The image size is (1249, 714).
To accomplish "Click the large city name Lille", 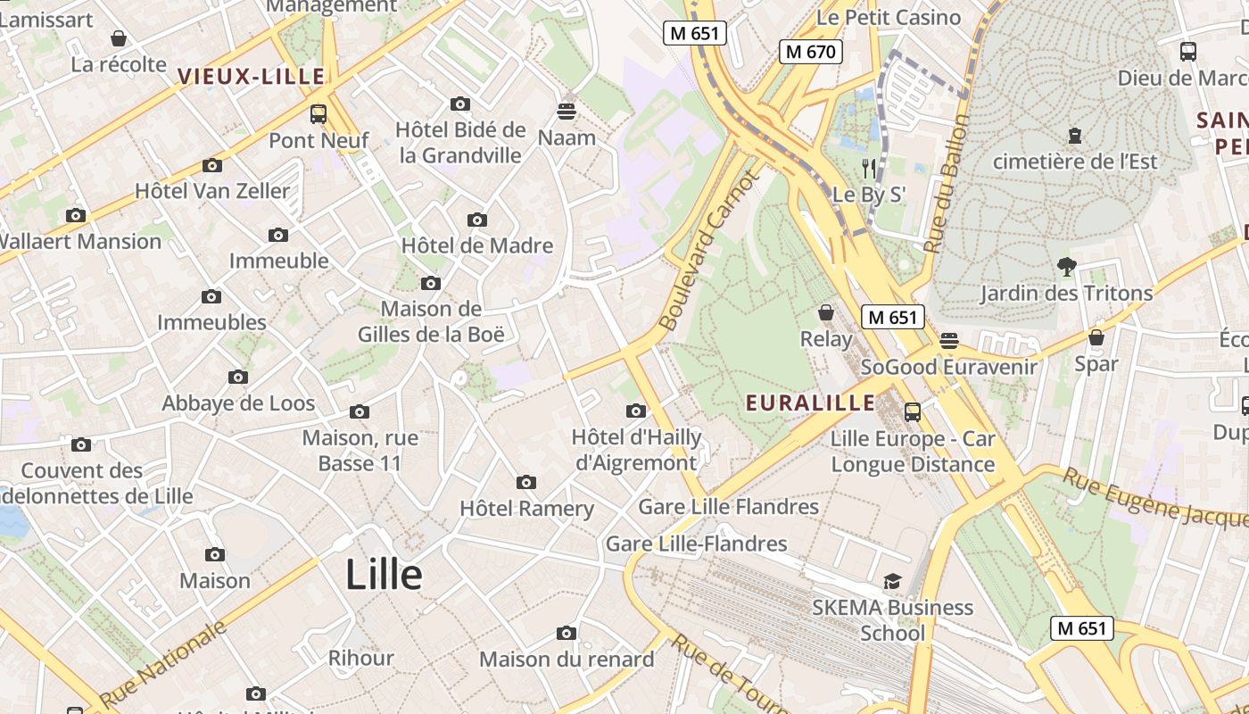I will (x=384, y=574).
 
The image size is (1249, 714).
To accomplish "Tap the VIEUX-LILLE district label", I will (x=252, y=77).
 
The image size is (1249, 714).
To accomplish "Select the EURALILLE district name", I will (x=810, y=403).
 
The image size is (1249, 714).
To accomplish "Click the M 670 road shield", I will (x=810, y=52).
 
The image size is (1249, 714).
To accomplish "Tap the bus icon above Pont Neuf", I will (x=318, y=114).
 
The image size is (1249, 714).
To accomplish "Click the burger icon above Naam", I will (x=567, y=112).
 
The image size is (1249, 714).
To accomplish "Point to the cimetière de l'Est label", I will (x=1074, y=162).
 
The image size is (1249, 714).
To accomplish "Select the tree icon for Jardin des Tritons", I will (x=1066, y=266).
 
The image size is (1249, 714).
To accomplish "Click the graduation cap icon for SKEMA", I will (x=892, y=582).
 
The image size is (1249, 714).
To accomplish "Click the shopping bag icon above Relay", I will (x=826, y=312).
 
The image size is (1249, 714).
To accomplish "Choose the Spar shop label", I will (x=1096, y=363).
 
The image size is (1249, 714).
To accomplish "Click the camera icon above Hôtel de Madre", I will (x=477, y=220).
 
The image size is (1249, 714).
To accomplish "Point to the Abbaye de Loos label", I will (x=238, y=403).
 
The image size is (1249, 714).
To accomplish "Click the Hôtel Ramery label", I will (x=526, y=508).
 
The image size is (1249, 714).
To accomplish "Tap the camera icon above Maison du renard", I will (x=566, y=633).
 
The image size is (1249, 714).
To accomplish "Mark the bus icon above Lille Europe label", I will (x=912, y=412).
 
